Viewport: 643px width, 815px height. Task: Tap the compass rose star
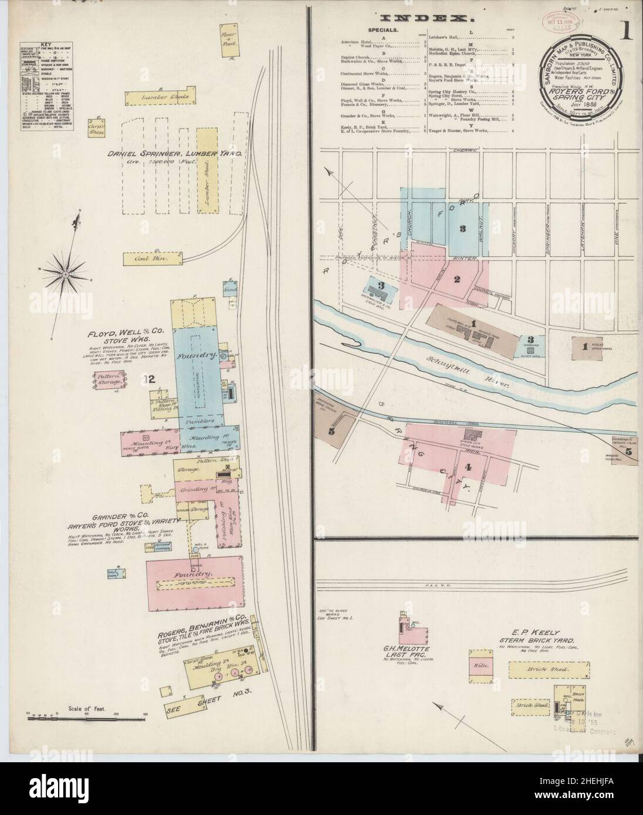pos(66,274)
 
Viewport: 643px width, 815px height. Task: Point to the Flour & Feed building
pos(227,40)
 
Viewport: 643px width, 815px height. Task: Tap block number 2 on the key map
pos(458,279)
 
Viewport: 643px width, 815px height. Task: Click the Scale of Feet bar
pos(87,718)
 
